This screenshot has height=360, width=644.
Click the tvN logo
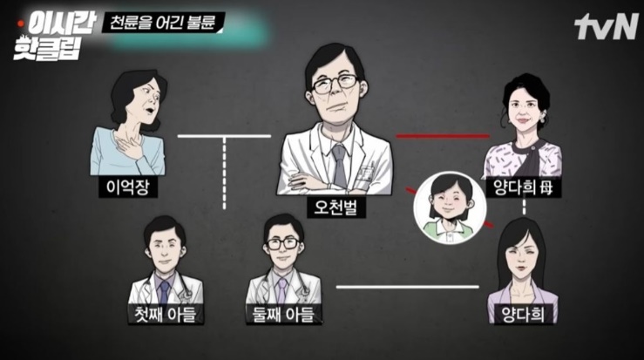pos(606,27)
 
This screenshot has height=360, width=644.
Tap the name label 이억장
pos(128,187)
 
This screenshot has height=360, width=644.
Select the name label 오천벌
pos(336,207)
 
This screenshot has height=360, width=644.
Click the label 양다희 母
pos(523,187)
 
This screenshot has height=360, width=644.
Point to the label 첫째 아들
pos(166,315)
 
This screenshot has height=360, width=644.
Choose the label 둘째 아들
pos(283,315)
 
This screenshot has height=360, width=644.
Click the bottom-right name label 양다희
pos(523,315)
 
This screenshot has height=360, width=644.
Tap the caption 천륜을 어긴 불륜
pos(163,22)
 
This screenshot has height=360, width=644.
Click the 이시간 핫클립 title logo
pos(55,36)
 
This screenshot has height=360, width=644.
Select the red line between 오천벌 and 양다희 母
pos(443,136)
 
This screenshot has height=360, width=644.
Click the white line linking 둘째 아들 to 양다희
pos(408,287)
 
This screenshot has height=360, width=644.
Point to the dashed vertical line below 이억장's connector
pos(224,173)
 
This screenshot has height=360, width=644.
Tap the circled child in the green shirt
pos(450,207)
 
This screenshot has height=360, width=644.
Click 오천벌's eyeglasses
pos(336,84)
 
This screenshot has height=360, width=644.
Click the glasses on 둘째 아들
pos(283,243)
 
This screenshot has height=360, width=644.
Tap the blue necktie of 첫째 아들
pos(165,291)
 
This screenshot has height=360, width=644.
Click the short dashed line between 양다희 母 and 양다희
pos(524,208)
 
